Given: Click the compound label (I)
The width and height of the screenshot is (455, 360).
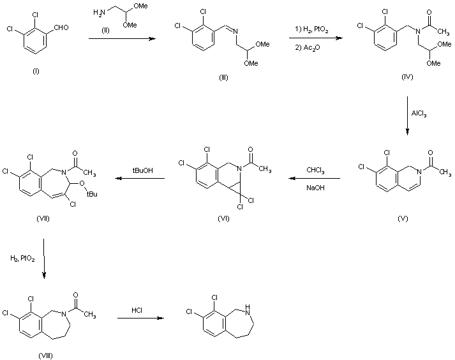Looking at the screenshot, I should point(36,71).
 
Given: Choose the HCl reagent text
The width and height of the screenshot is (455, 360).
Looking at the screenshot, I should point(137,311).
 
